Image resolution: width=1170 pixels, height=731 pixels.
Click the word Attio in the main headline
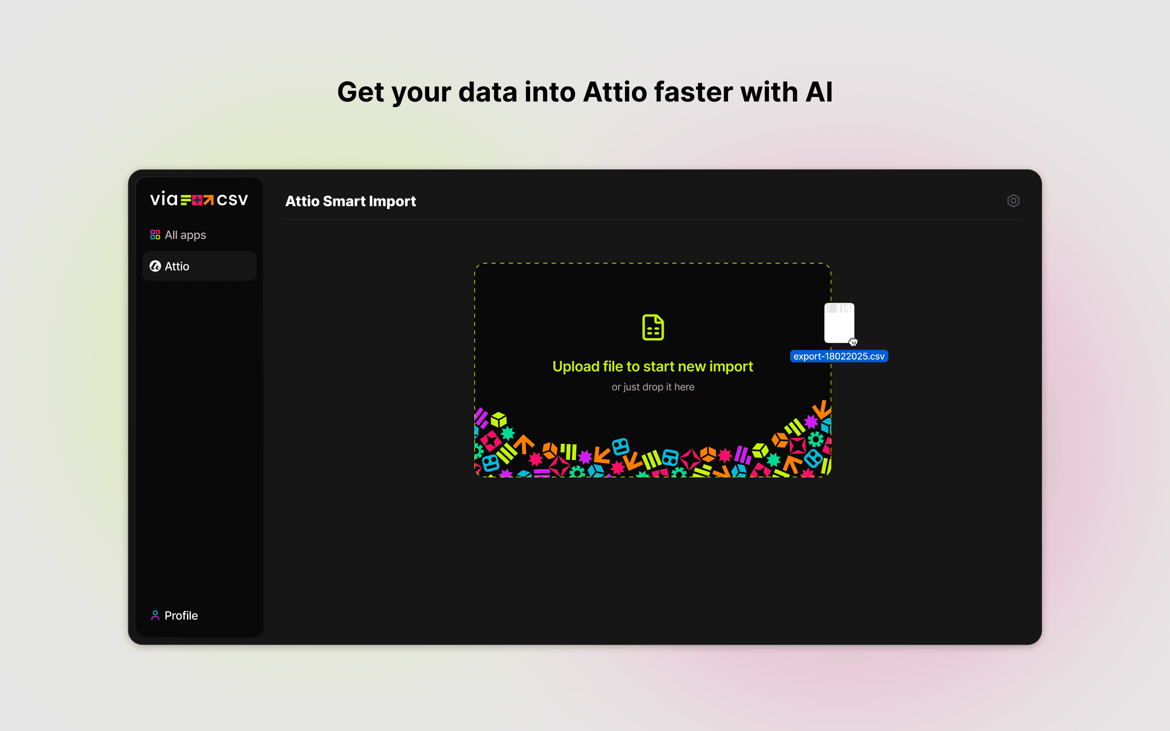pos(615,92)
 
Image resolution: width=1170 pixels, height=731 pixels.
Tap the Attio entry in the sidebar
pos(199,266)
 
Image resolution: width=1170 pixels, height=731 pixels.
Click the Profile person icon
pos(155,615)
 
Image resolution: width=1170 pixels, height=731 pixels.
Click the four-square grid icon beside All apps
pos(155,235)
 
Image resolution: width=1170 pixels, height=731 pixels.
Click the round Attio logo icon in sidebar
pos(155,266)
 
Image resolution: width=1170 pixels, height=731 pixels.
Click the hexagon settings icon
pos(1013,201)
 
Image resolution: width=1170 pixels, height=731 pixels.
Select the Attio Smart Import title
pos(351,201)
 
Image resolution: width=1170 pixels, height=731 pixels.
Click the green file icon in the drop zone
pos(653,327)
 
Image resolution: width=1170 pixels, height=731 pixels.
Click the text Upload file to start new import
pos(653,366)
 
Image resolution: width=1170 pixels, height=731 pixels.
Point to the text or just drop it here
pos(653,387)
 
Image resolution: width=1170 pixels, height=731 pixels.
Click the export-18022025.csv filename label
pos(839,356)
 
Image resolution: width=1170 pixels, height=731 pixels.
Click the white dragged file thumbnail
pos(839,323)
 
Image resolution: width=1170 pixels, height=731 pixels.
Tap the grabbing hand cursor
pos(853,342)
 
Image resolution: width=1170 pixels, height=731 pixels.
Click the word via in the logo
pos(164,199)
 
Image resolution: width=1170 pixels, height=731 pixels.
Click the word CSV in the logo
pos(232,200)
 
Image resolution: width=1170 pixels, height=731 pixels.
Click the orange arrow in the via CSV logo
pos(208,200)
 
